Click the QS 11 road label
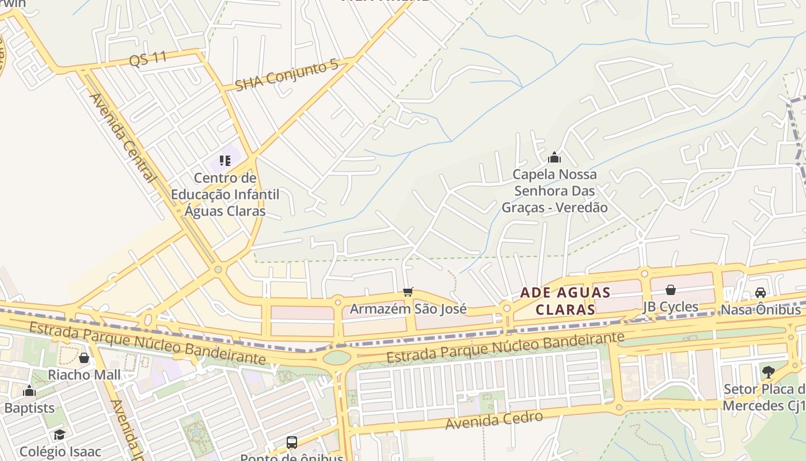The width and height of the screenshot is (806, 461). [148, 58]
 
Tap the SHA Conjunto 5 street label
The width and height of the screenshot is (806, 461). [287, 75]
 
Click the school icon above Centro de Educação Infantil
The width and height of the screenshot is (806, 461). [225, 160]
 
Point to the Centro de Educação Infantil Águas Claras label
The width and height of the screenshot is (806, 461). [225, 194]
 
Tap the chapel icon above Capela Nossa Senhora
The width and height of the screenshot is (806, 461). [554, 157]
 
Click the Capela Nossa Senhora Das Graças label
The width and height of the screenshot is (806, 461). [554, 191]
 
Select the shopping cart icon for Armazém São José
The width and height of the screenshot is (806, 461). [408, 292]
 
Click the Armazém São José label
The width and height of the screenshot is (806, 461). [408, 309]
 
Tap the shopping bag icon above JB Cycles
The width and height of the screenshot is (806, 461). [670, 290]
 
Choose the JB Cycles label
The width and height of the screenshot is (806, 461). [670, 307]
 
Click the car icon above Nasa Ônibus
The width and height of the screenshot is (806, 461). [760, 292]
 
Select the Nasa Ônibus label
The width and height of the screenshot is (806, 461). [761, 309]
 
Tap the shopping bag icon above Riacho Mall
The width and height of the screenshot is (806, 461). [84, 358]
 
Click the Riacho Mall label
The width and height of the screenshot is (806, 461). [84, 375]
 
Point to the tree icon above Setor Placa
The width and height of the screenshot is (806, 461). [768, 372]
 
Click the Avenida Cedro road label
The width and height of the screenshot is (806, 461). [495, 421]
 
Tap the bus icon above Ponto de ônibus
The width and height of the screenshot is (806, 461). [292, 443]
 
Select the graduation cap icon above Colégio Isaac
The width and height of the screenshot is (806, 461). [59, 434]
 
